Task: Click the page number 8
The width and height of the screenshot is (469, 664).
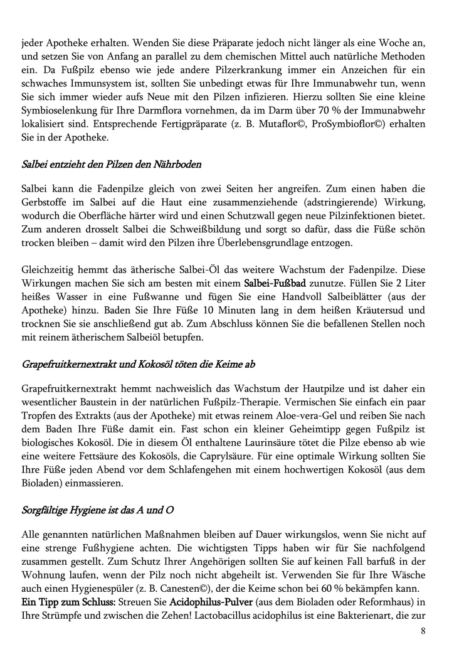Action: coord(423,631)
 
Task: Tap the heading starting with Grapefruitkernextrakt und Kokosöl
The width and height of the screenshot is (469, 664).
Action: coord(138,364)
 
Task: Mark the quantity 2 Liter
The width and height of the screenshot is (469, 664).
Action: coord(411,284)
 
